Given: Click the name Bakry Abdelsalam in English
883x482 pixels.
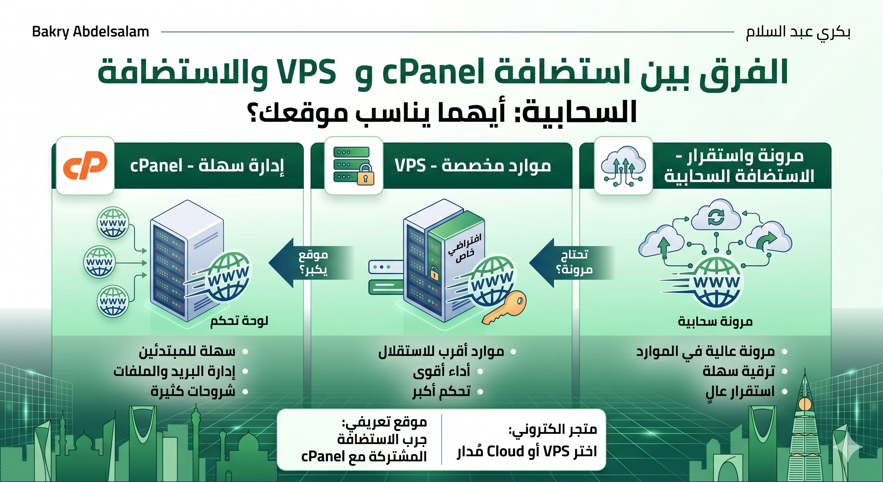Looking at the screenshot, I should [x=91, y=32].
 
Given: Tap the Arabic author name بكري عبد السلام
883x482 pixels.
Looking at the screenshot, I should [x=798, y=32].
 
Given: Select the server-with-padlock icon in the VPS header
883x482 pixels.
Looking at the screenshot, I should [x=353, y=166].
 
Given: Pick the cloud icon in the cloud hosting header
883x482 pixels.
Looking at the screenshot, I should [x=623, y=166].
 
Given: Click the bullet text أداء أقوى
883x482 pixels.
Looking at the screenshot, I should [x=441, y=372].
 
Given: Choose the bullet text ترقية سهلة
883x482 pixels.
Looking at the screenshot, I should [x=739, y=372].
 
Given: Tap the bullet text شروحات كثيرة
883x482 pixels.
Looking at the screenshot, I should [x=193, y=391].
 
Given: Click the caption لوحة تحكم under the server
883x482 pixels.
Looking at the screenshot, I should [x=239, y=321].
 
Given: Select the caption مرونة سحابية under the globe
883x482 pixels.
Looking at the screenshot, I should [x=715, y=321].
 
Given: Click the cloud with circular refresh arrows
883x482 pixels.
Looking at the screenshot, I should [x=716, y=217].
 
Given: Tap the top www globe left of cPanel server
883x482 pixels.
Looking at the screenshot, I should [x=113, y=223].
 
